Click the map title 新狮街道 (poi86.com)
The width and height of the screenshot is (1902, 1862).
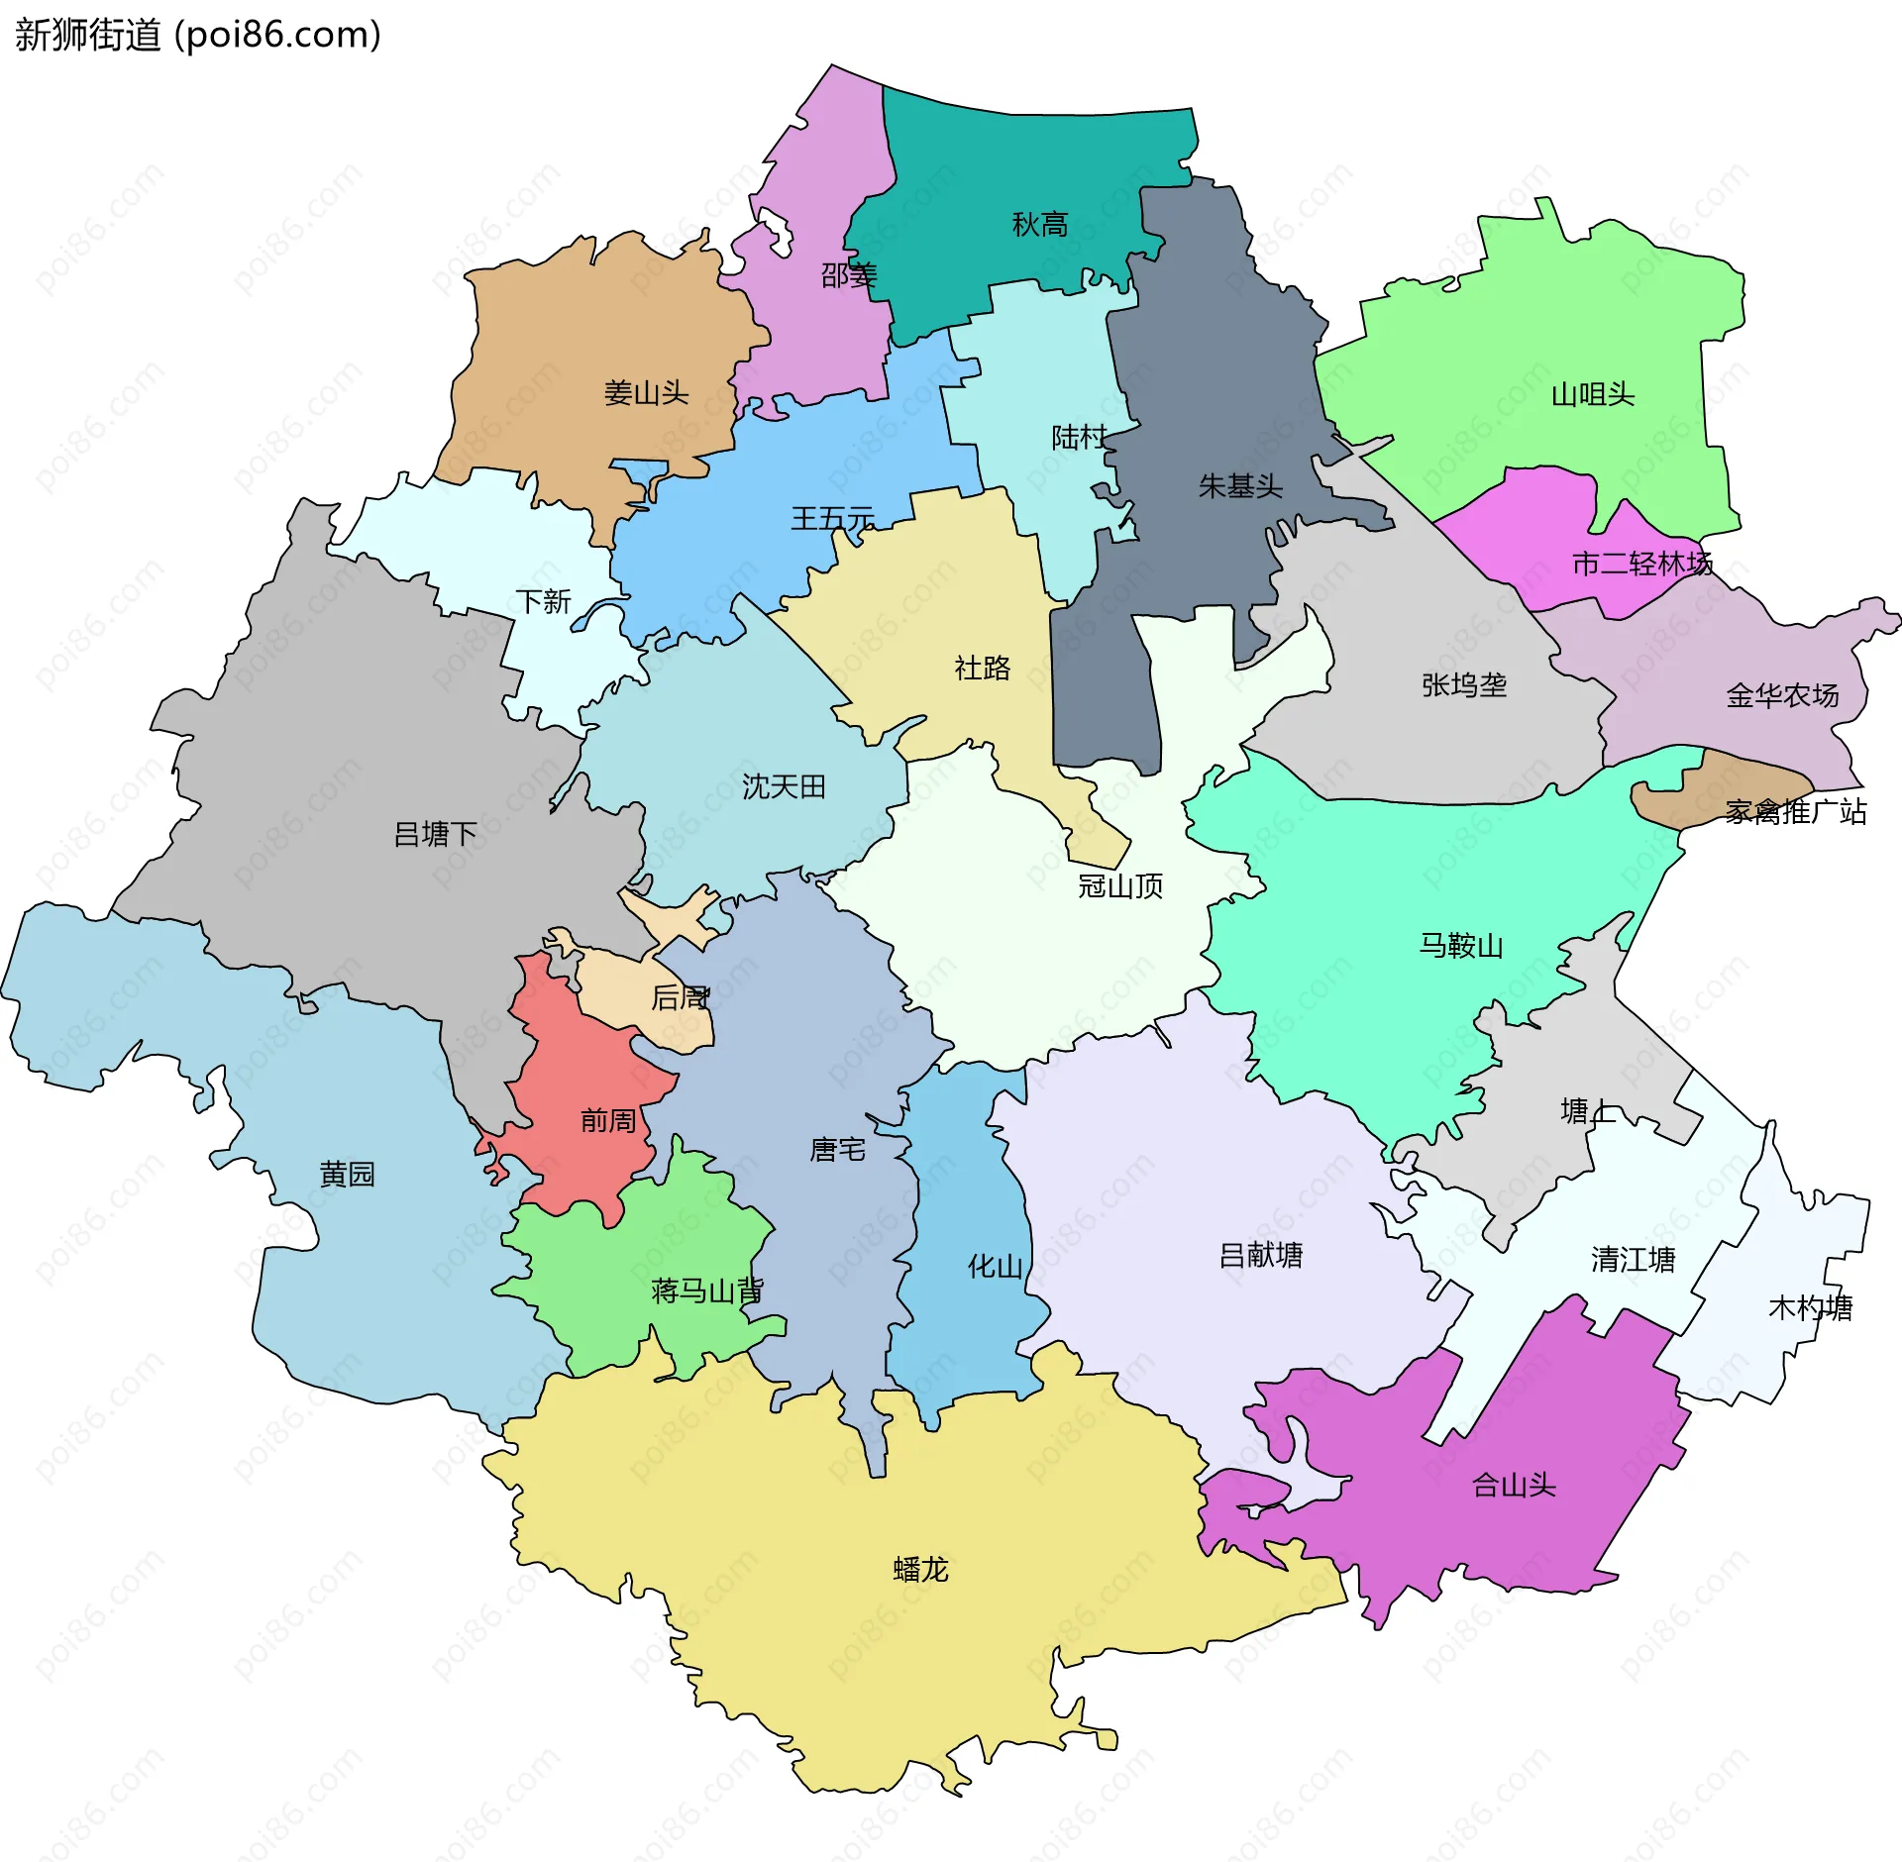tap(198, 36)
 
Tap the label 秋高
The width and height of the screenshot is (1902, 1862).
tap(1039, 225)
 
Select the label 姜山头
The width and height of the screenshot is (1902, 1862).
tap(646, 393)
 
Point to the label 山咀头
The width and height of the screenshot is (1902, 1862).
tap(1592, 395)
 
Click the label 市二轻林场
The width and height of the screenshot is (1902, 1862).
tap(1641, 564)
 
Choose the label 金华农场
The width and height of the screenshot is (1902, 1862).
tap(1782, 695)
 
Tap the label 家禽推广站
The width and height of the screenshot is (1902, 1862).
tap(1795, 812)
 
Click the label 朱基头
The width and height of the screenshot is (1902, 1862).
tap(1240, 486)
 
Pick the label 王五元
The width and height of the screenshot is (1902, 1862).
tap(832, 519)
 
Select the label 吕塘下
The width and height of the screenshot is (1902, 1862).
tap(435, 834)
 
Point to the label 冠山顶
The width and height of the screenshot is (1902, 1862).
tap(1120, 885)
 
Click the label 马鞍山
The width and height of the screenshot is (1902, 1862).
tap(1460, 945)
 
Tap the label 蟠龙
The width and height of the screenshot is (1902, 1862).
tap(920, 1570)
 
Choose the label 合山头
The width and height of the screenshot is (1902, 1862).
tap(1514, 1485)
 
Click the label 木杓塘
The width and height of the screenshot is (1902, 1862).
tap(1810, 1308)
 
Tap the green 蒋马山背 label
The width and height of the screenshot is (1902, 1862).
tap(706, 1291)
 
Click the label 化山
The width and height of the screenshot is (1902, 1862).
tap(995, 1266)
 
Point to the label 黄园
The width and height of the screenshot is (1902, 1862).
tap(347, 1174)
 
